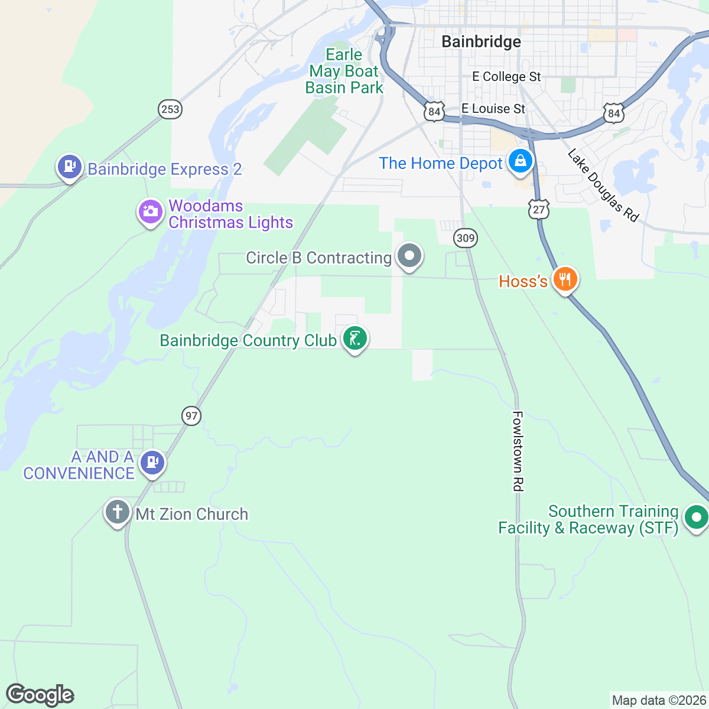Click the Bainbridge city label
[x=481, y=41]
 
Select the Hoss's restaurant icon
[x=565, y=279]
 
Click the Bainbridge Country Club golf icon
[x=354, y=339]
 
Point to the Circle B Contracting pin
[x=409, y=256]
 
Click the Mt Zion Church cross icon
[x=117, y=512]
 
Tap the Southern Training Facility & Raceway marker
[x=696, y=518]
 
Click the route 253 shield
[x=170, y=109]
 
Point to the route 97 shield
[x=191, y=416]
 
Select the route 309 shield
[x=466, y=238]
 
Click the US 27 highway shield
[x=539, y=210]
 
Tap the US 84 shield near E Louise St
[x=434, y=111]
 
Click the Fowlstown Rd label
[x=518, y=451]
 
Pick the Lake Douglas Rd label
[x=603, y=186]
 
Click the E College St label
[x=506, y=77]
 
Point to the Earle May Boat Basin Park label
[x=344, y=71]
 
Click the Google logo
[x=40, y=695]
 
